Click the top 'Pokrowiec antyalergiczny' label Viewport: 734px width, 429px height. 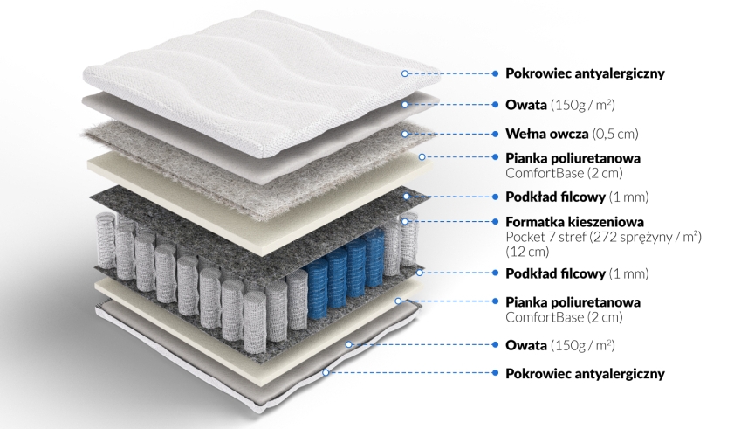[585, 73]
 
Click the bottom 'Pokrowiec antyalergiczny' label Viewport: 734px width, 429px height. [585, 374]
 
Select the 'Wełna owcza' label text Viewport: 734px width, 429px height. [546, 134]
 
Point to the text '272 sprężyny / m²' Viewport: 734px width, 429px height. [646, 236]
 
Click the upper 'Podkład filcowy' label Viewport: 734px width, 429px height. [555, 197]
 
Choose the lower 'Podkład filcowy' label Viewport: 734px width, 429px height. [555, 273]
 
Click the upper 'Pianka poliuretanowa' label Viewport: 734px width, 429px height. [573, 158]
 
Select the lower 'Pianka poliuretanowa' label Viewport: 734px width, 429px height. [573, 302]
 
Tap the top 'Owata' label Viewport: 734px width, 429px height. [526, 105]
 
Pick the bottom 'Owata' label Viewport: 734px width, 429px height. [526, 345]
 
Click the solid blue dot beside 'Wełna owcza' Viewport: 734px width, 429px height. [495, 134]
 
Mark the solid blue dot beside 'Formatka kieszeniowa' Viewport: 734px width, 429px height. [495, 221]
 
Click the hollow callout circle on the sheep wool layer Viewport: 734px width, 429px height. [405, 134]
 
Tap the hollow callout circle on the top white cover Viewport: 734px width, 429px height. [405, 73]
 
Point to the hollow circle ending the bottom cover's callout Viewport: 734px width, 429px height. [326, 373]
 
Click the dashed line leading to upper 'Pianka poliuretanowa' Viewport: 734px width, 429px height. [458, 157]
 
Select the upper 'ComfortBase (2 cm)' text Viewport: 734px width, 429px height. [564, 173]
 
